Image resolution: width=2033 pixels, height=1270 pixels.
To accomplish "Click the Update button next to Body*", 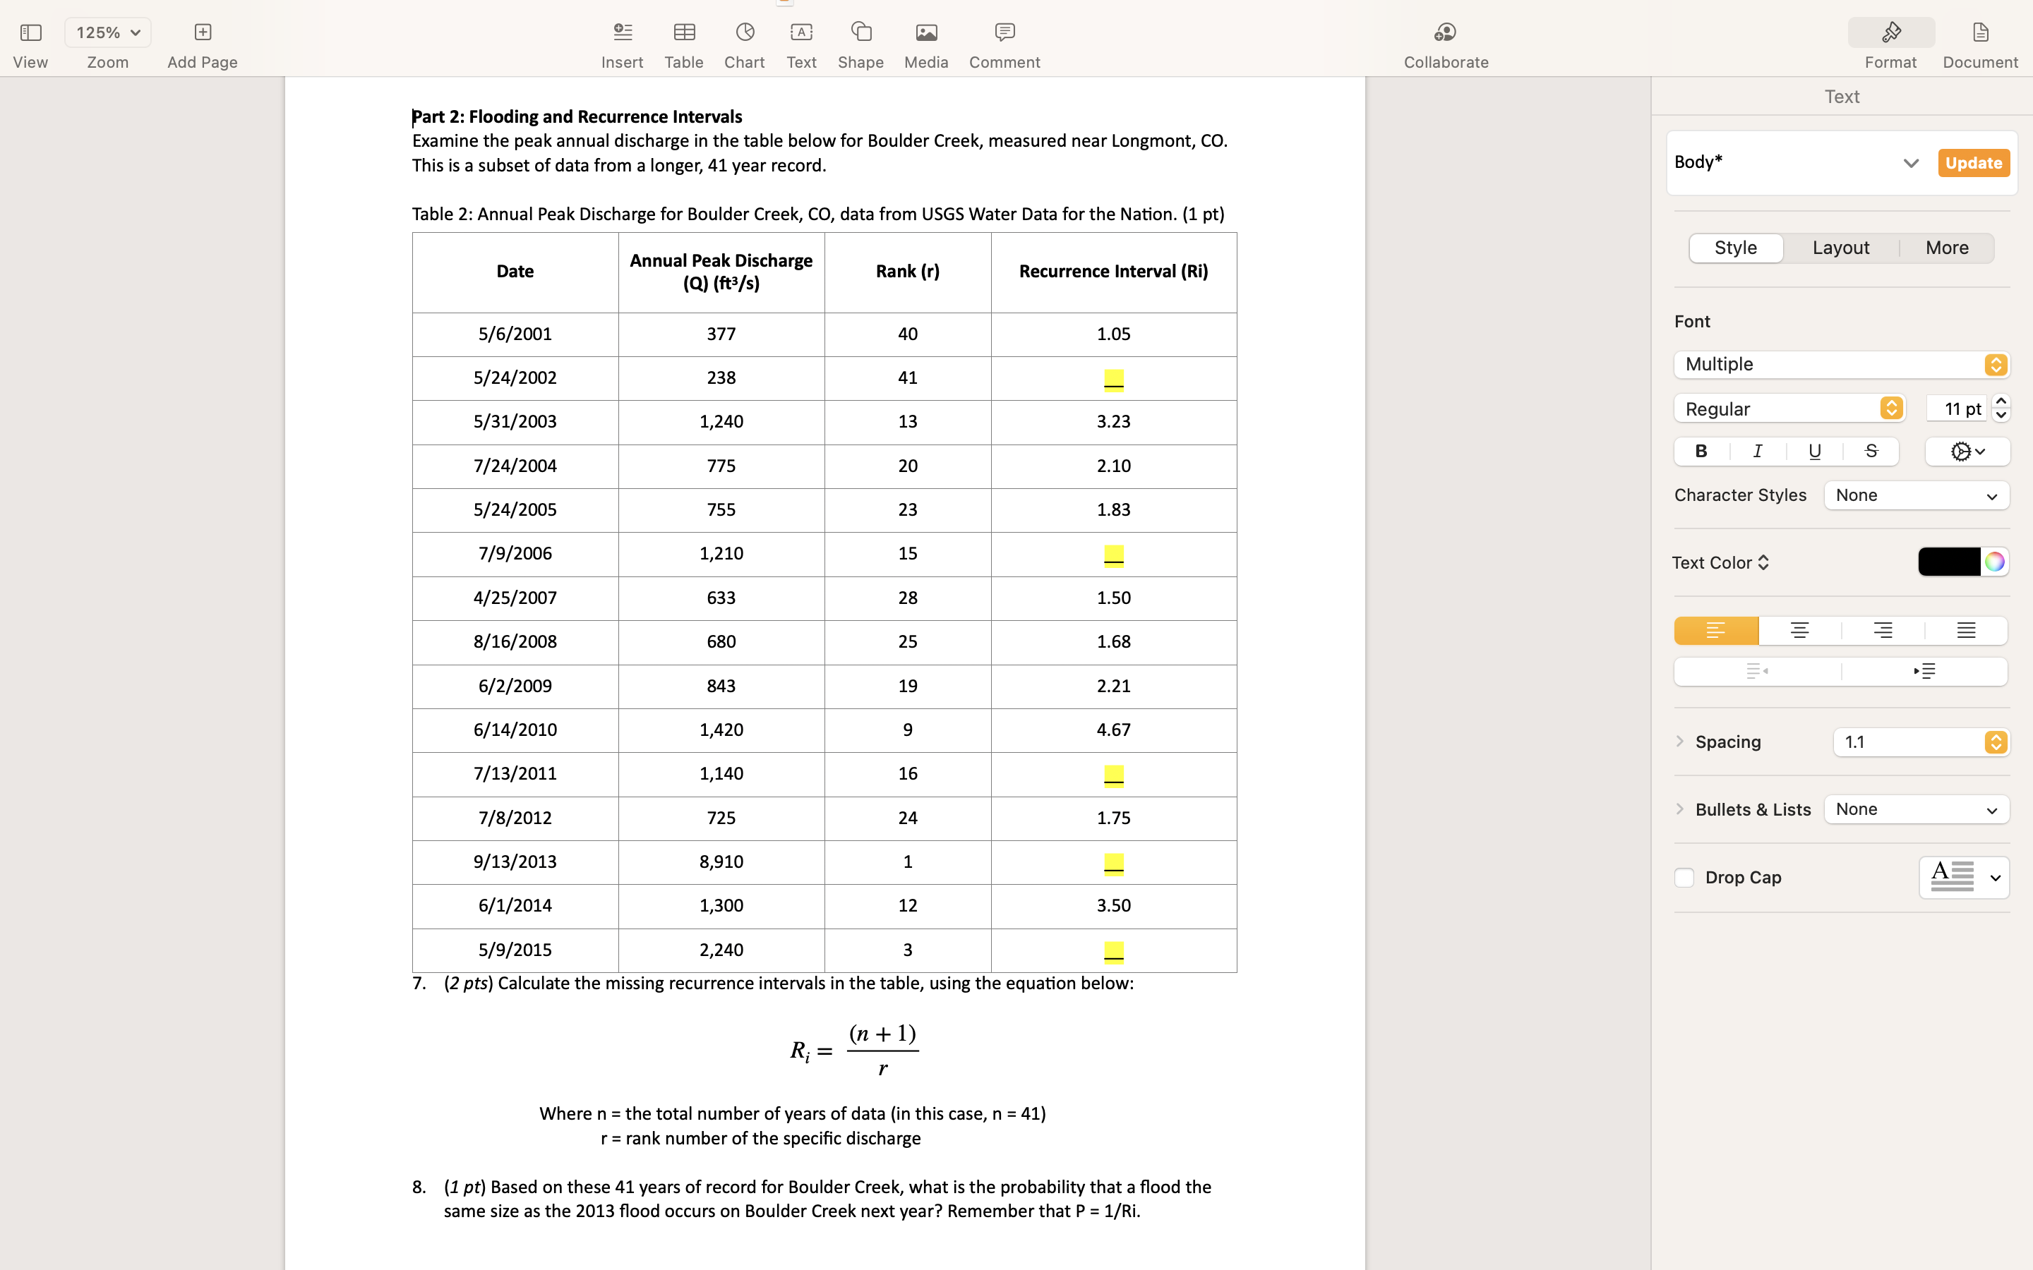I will coord(1972,163).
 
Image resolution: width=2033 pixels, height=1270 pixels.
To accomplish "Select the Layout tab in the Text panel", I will coord(1840,248).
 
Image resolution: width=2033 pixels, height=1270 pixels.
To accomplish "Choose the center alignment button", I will coord(1799,631).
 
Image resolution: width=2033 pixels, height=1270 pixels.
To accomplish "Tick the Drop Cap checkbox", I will coord(1684,878).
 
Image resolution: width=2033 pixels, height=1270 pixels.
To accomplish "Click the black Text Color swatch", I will coord(1948,562).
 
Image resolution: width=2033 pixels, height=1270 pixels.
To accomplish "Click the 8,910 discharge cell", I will coord(721,861).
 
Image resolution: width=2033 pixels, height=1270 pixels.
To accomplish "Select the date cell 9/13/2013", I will coord(515,861).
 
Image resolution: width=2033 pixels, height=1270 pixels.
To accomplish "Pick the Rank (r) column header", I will coord(907,272).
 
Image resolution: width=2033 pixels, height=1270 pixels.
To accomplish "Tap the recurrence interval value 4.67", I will coord(1113,730).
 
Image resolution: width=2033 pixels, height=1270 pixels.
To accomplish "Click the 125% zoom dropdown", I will coord(107,32).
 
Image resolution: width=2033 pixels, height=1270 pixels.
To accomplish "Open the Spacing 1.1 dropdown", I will coord(1921,742).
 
